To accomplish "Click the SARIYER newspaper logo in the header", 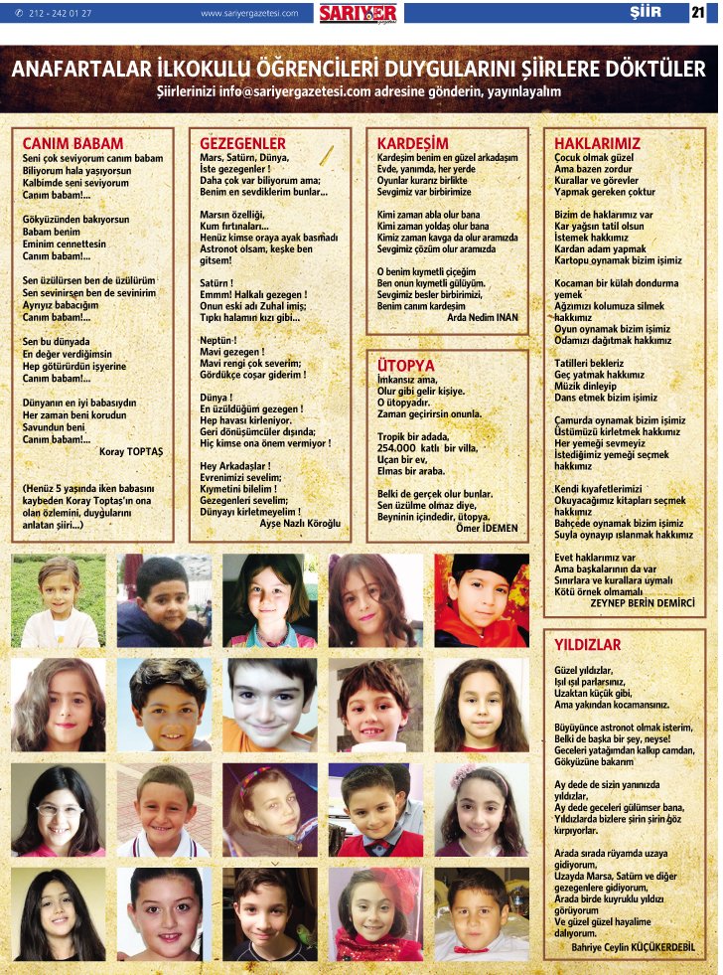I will pyautogui.click(x=358, y=13).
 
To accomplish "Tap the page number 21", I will pyautogui.click(x=697, y=13).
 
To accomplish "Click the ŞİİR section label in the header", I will pyautogui.click(x=647, y=13).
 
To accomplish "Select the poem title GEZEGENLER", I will pyautogui.click(x=242, y=143).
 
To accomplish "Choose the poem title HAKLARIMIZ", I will pyautogui.click(x=597, y=143).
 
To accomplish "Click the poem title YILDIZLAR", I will pyautogui.click(x=587, y=645).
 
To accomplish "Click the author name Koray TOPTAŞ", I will pyautogui.click(x=133, y=451).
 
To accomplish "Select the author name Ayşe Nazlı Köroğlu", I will pyautogui.click(x=300, y=522).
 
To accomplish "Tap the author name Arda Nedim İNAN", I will pyautogui.click(x=483, y=318).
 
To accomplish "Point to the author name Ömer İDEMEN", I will pyautogui.click(x=487, y=528).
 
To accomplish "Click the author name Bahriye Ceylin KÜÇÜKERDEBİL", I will pyautogui.click(x=634, y=946).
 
